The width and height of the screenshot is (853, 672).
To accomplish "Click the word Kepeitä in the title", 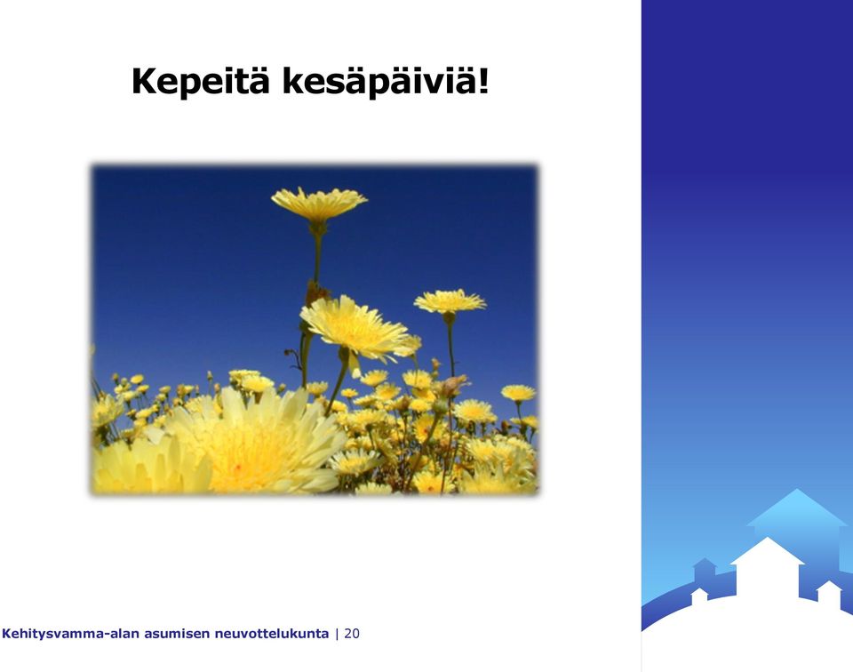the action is (x=200, y=81).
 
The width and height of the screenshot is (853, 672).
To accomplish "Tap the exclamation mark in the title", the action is (x=483, y=80).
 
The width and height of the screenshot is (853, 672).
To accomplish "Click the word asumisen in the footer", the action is (x=177, y=634).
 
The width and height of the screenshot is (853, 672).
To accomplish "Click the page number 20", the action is (x=352, y=634).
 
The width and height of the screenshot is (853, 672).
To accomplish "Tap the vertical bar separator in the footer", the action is (x=337, y=634).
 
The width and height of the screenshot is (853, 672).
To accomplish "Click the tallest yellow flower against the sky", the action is (x=319, y=204).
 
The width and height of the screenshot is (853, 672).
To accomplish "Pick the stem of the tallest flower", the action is (x=316, y=256).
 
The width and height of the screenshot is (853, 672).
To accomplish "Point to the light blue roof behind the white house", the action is (x=798, y=508).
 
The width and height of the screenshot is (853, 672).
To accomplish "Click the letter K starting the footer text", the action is (x=6, y=634).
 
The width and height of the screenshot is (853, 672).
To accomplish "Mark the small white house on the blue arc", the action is (x=699, y=596).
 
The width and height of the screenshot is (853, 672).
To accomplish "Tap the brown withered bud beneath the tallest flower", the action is (x=315, y=292).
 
